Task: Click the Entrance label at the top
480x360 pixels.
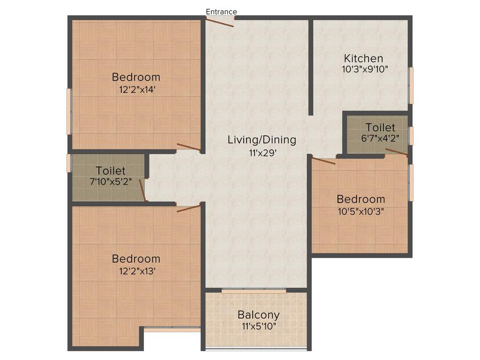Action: pos(221,12)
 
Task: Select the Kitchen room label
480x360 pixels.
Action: pos(363,59)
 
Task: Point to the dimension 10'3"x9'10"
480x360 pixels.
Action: pos(365,69)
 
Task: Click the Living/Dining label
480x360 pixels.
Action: pos(262,139)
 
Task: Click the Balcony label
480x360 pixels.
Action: pos(258,315)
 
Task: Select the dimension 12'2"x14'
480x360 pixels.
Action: pos(136,89)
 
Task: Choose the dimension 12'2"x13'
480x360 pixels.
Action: pos(136,270)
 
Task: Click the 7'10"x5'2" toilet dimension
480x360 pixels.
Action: pos(111,182)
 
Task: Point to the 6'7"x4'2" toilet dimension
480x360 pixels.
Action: pos(380,139)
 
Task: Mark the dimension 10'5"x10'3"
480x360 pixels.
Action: pos(360,211)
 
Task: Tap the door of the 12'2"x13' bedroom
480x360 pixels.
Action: pos(188,207)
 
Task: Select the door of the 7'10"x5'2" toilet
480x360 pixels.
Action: pos(143,189)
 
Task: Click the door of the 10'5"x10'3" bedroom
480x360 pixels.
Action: pos(323,161)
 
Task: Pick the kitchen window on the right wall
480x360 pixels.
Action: pos(411,85)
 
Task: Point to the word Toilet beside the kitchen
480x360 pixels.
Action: pos(380,127)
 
